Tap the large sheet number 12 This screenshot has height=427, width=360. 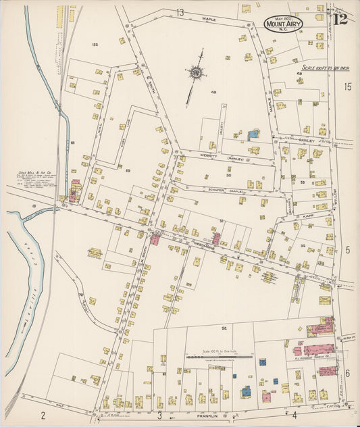[340, 18]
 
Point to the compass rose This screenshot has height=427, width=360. [196, 72]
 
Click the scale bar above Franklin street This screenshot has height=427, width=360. [220, 357]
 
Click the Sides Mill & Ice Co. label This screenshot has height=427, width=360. [32, 180]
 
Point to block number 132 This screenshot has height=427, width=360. [95, 45]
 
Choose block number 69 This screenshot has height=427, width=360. [127, 170]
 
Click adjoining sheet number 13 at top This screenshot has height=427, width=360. [180, 12]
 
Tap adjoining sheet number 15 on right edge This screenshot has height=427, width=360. [347, 86]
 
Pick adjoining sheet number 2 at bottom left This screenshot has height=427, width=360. [42, 414]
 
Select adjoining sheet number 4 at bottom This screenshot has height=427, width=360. [294, 414]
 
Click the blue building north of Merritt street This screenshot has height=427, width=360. [253, 135]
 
